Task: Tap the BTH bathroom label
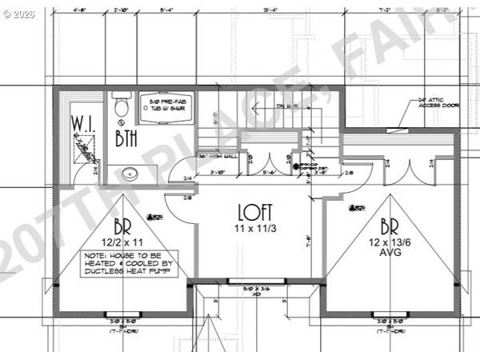point(126,138)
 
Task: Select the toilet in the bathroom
point(121,106)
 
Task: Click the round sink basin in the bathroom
point(128,173)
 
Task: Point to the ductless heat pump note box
point(129,264)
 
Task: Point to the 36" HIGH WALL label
point(218,155)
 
